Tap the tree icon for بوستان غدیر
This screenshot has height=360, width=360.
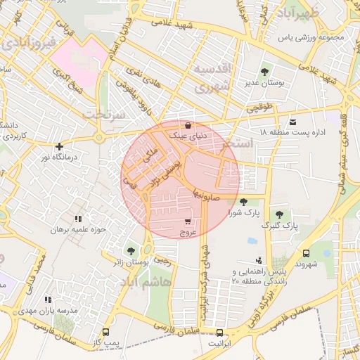(264, 72)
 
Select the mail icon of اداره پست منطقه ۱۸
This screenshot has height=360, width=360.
(292, 122)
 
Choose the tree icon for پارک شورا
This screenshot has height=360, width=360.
(243, 202)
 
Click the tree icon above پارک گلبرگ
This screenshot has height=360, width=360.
(280, 214)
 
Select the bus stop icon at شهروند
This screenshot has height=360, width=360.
(306, 253)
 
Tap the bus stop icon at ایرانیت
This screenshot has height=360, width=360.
(219, 333)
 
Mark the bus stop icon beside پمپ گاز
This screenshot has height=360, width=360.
(106, 333)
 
